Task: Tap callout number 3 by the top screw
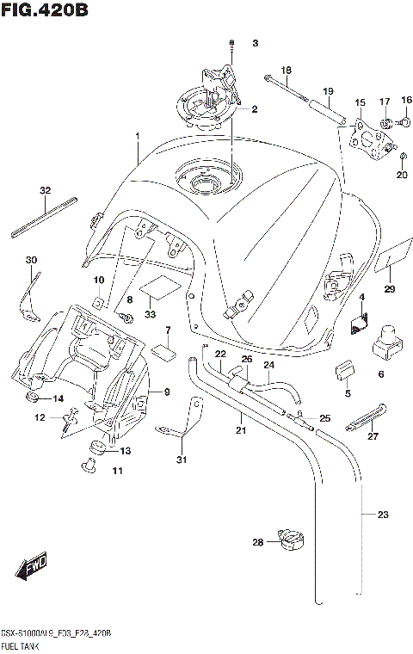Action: [255, 43]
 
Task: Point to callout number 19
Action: [327, 91]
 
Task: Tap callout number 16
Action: [406, 101]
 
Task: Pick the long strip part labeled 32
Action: [45, 217]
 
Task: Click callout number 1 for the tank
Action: [137, 137]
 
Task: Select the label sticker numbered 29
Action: [391, 261]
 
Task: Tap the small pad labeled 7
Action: [163, 350]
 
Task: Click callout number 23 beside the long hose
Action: [383, 515]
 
